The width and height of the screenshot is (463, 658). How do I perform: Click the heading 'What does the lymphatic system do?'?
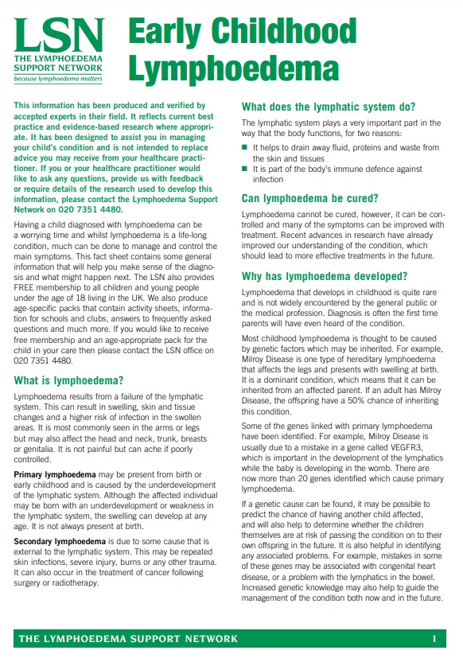coord(328,107)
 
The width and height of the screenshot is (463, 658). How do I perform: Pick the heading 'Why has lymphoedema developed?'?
coord(324,276)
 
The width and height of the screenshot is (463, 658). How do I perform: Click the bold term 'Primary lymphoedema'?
coord(54,474)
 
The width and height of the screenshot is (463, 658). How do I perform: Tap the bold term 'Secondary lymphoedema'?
coord(60,541)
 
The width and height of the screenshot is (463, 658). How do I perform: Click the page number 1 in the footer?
coord(434,639)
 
